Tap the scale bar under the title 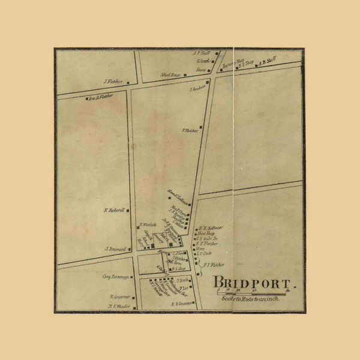click(x=253, y=292)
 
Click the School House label click(x=170, y=75)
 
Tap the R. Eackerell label click(x=113, y=210)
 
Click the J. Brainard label click(x=113, y=248)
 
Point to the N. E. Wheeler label click(x=119, y=305)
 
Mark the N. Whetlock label click(x=148, y=225)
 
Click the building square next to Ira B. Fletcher click(x=88, y=98)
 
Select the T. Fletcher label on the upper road click(x=190, y=128)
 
